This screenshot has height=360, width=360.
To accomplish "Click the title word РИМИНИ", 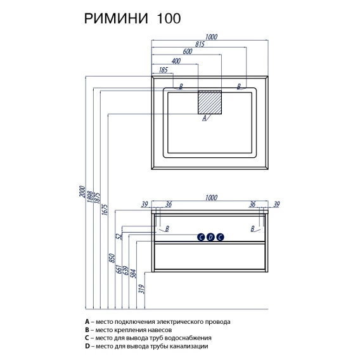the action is [x=116, y=18].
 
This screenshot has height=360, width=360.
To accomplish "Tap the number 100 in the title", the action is [x=169, y=18].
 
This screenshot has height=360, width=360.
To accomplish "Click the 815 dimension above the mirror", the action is [x=200, y=44].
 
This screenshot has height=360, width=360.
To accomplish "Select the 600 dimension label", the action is [x=188, y=51].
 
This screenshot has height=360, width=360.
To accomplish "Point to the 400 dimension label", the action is [x=176, y=61].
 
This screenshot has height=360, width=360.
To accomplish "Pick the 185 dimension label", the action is [x=164, y=70].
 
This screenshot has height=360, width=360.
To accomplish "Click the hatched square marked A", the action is [x=210, y=102].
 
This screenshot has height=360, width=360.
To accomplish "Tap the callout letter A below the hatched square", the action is [x=204, y=118].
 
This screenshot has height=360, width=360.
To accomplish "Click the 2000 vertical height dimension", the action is [x=82, y=191].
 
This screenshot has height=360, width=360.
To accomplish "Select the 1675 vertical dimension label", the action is [x=105, y=209].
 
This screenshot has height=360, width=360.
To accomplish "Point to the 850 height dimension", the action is [x=112, y=258].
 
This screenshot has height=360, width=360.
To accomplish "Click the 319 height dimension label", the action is [x=142, y=289].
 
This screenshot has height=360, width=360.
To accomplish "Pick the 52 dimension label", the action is [x=119, y=236].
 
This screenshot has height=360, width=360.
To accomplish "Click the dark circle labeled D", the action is [x=210, y=237].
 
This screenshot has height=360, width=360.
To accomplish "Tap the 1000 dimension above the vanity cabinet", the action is [x=211, y=198].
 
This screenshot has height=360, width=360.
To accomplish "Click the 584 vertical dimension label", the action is [x=133, y=273].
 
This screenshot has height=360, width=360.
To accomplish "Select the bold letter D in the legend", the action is [x=87, y=346].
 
